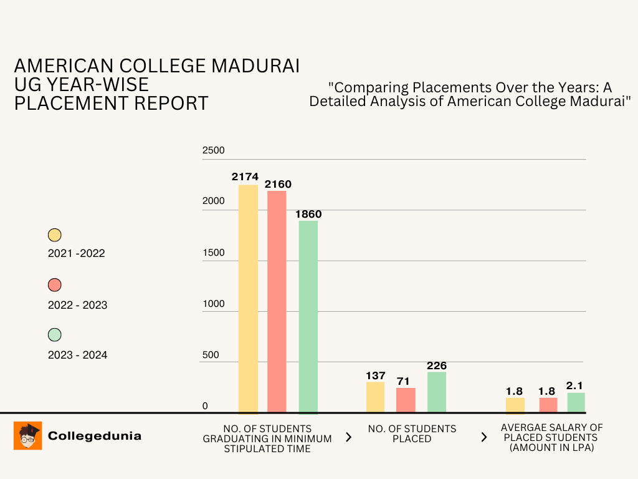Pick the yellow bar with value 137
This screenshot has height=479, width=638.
[x=375, y=397]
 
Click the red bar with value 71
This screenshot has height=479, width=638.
[x=406, y=400]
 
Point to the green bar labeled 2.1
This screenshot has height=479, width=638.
[x=576, y=402]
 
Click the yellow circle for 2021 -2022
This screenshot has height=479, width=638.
[x=55, y=235]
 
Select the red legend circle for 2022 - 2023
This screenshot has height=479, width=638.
[x=55, y=285]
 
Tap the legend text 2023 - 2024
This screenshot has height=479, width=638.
[x=77, y=355]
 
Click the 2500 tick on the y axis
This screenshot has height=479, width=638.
[x=213, y=150]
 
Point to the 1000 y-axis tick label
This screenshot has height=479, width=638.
[x=213, y=304]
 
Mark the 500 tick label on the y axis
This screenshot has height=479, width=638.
[x=211, y=355]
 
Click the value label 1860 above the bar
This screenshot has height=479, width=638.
[x=308, y=214]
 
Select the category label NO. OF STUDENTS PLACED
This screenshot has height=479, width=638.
[x=412, y=433]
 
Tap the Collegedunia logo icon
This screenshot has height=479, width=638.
[x=27, y=435]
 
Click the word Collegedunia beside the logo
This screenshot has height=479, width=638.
[x=95, y=436]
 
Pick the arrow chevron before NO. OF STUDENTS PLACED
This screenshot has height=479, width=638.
[x=348, y=437]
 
